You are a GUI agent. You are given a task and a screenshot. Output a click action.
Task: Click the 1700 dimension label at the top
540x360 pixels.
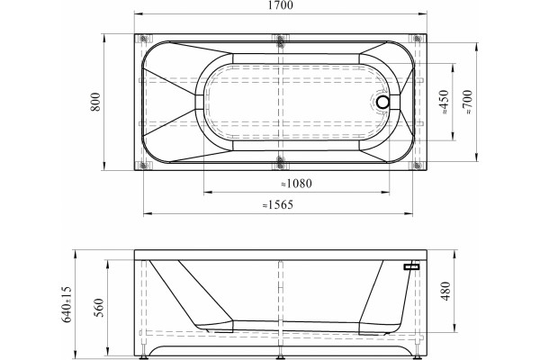(x=280, y=5)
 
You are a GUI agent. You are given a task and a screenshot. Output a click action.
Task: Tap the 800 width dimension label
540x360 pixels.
(x=95, y=102)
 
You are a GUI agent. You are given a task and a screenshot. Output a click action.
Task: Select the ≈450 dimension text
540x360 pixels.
(x=444, y=102)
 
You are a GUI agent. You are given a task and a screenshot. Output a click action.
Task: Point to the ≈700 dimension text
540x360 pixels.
(x=468, y=102)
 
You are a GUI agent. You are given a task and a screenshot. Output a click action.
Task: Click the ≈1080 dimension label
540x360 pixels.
(x=296, y=184)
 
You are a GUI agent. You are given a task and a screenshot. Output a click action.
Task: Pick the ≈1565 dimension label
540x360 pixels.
(x=277, y=205)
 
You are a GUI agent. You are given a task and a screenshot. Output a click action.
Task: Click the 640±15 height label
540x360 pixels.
(x=67, y=304)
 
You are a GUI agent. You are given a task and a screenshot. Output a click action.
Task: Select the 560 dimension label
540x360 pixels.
(x=98, y=308)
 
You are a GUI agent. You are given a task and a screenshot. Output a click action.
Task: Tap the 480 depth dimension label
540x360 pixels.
(x=445, y=291)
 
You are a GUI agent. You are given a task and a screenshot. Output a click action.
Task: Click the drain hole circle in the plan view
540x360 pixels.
(x=383, y=102)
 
